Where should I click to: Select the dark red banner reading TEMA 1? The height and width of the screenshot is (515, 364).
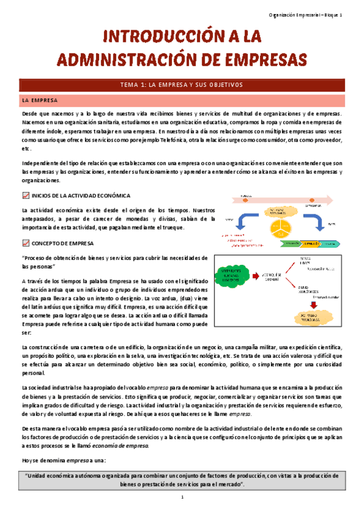(182, 84)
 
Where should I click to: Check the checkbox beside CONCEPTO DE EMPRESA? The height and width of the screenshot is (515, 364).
(26, 243)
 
